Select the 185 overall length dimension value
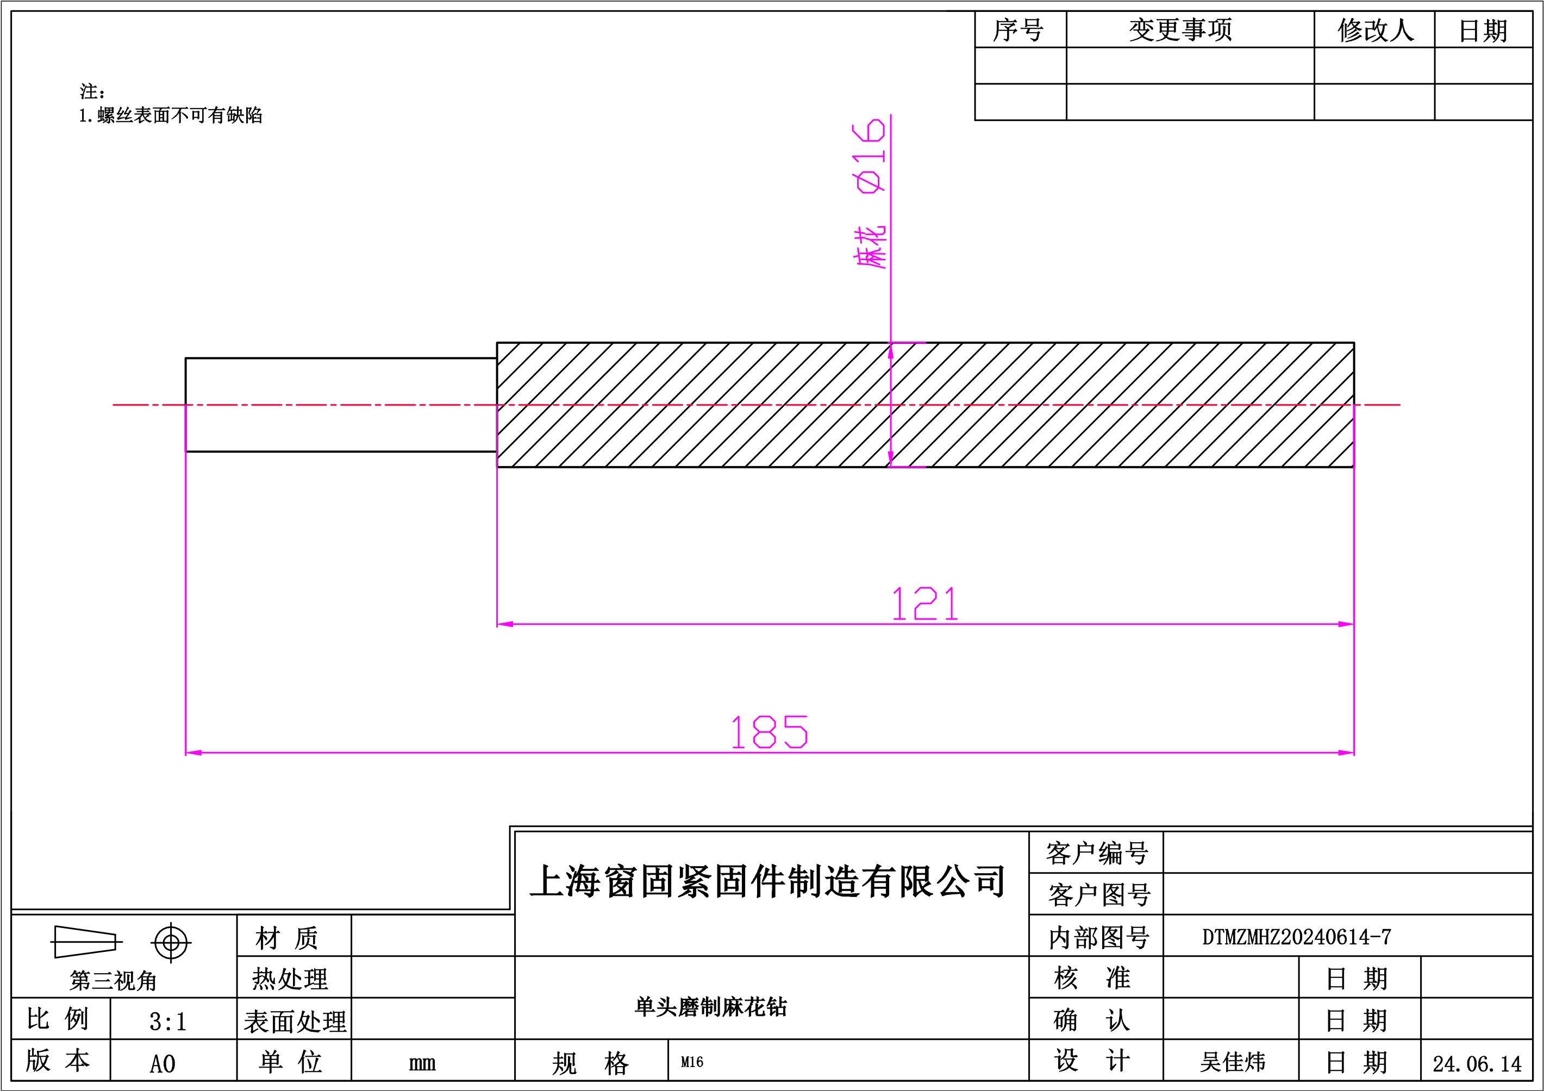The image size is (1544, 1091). (x=770, y=732)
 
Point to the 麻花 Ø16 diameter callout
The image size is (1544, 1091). (x=870, y=193)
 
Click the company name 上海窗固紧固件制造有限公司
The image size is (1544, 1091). (x=767, y=881)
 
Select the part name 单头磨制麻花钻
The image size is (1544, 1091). (x=710, y=1006)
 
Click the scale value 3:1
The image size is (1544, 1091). (x=167, y=1022)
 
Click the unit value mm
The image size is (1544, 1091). (x=422, y=1063)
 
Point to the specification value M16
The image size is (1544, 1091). (x=692, y=1062)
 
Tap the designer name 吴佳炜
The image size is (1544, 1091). (x=1233, y=1062)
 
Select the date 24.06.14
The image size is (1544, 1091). (x=1477, y=1064)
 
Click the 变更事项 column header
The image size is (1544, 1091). (x=1180, y=29)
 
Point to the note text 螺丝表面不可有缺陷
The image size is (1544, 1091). (x=179, y=116)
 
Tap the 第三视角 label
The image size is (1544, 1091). (x=113, y=981)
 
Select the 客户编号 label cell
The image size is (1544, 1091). (x=1097, y=853)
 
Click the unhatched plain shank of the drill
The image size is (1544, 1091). (x=341, y=405)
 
